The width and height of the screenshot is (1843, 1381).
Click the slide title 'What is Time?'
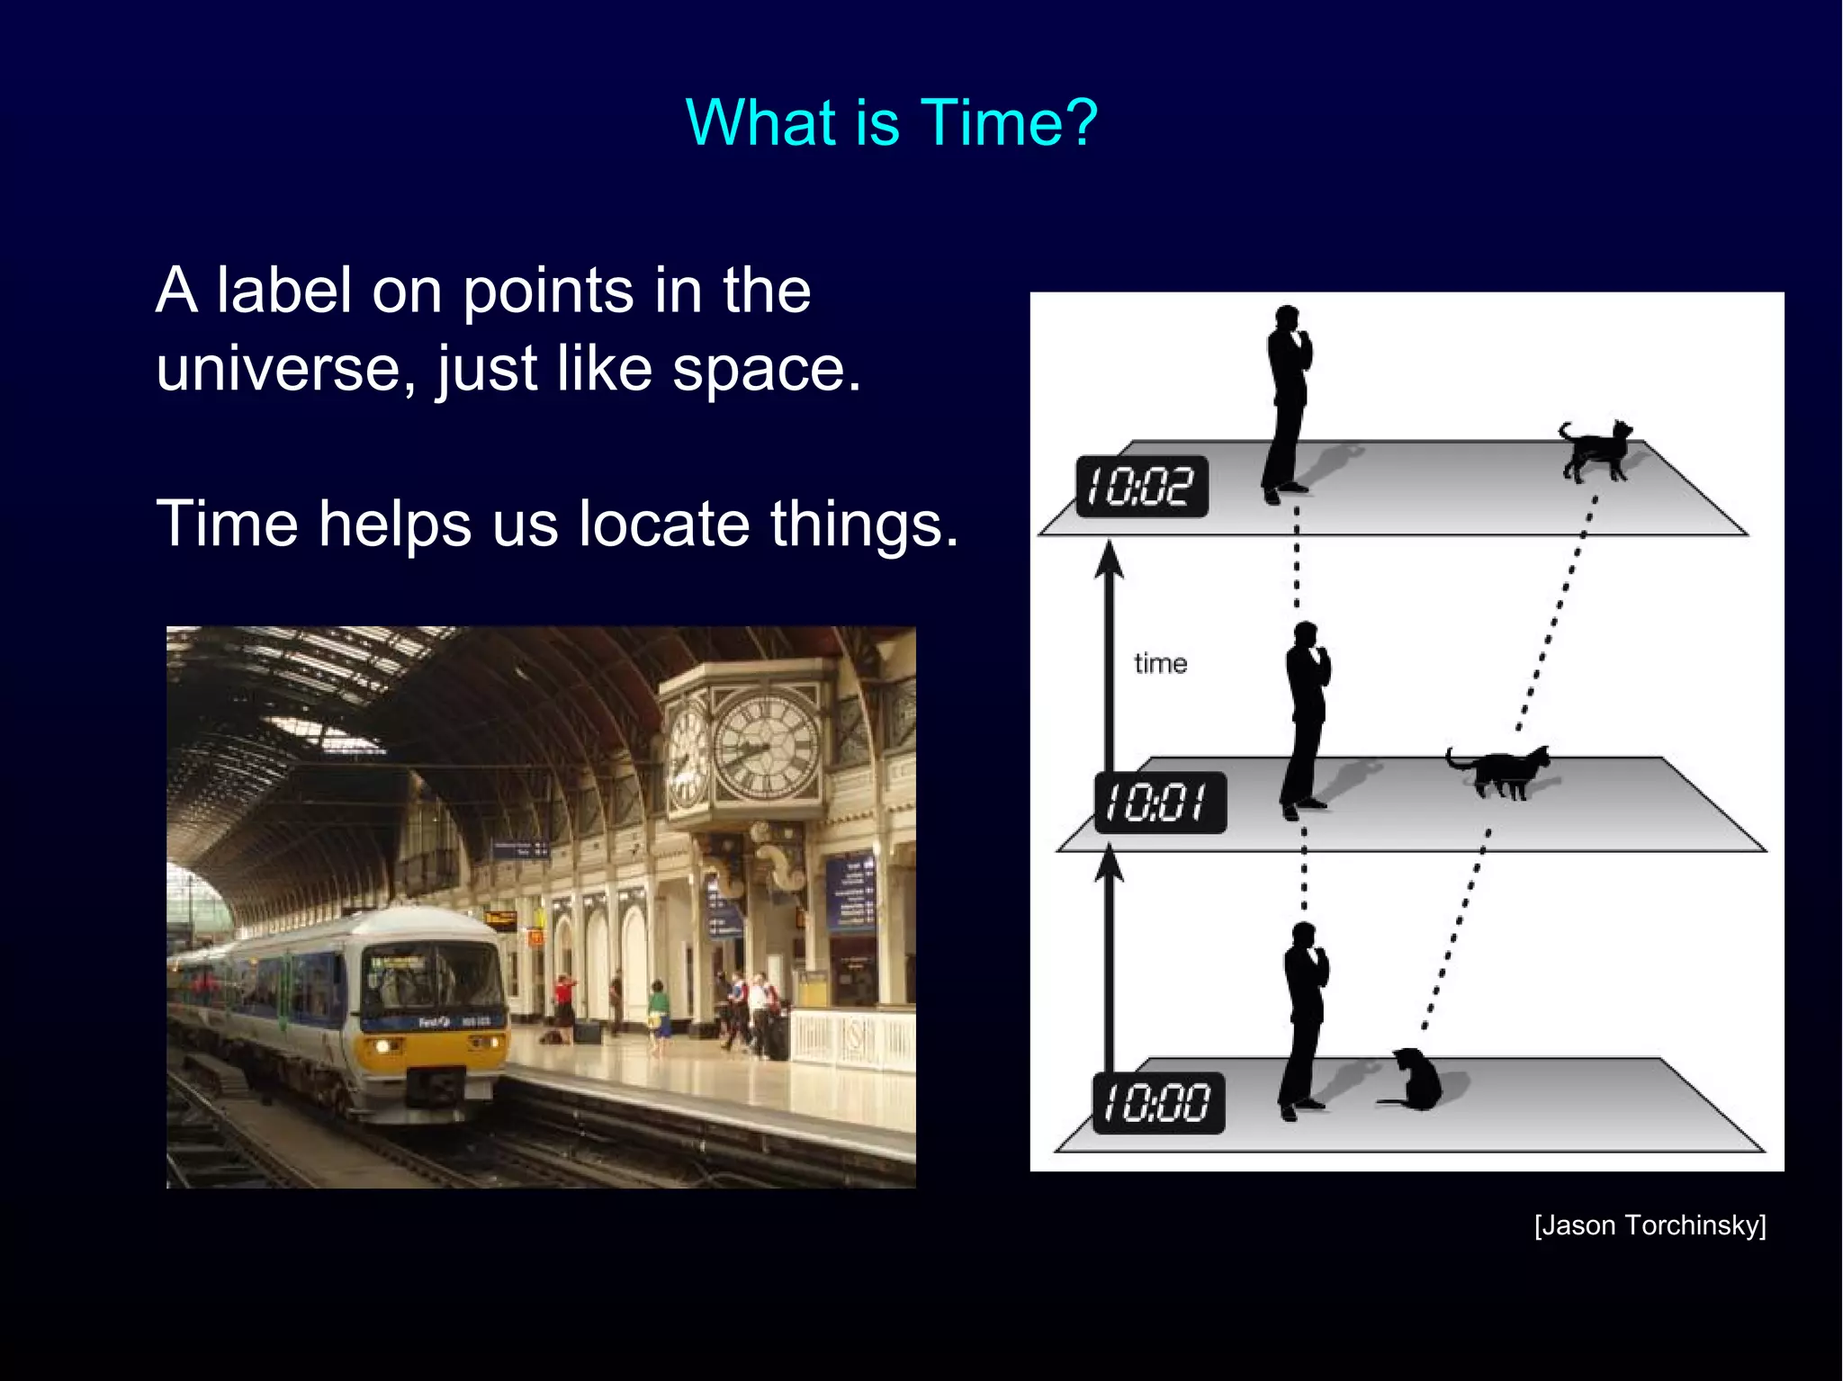pos(891,122)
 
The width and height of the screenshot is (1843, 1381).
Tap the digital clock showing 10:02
pos(1142,487)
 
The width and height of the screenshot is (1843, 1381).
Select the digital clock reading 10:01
pos(1160,803)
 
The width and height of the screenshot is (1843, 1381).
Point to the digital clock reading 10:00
pos(1158,1103)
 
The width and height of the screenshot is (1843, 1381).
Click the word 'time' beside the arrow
pos(1160,664)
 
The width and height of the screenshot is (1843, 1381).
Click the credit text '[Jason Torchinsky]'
pos(1650,1225)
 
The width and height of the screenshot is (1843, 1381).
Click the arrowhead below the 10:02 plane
pos(1110,560)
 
